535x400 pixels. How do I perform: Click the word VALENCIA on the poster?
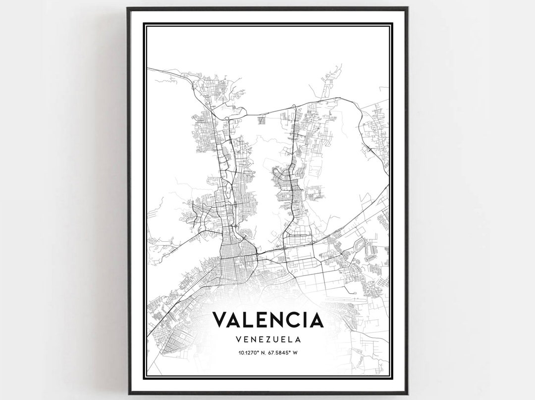click(x=268, y=319)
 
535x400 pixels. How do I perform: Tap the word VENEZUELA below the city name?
click(x=268, y=340)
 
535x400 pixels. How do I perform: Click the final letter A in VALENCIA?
click(x=316, y=319)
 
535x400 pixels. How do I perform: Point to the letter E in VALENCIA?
click(x=261, y=319)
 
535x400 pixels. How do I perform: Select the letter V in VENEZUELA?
click(x=240, y=340)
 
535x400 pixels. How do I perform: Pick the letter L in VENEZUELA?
click(x=290, y=340)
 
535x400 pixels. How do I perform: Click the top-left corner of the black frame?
click(x=128, y=8)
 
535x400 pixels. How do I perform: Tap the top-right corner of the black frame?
click(x=407, y=8)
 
